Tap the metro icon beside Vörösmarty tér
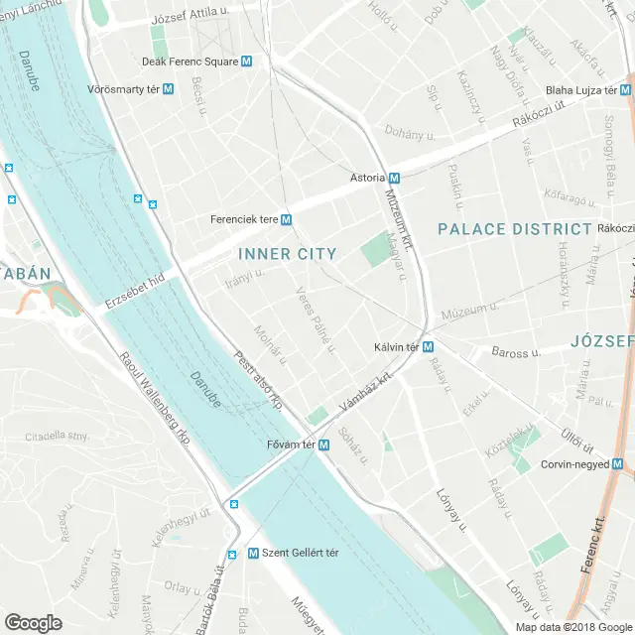[x=168, y=88]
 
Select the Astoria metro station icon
[x=394, y=178]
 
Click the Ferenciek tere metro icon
[x=286, y=219]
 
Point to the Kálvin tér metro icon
[x=428, y=347]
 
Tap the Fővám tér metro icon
[x=323, y=444]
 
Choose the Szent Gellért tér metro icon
[x=232, y=554]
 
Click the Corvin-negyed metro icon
[x=617, y=464]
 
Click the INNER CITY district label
[x=288, y=254]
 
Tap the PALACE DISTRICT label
[x=515, y=229]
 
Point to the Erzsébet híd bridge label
[x=135, y=293]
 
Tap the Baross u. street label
[x=515, y=352]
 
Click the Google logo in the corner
[x=33, y=623]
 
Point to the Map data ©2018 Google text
[x=573, y=627]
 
